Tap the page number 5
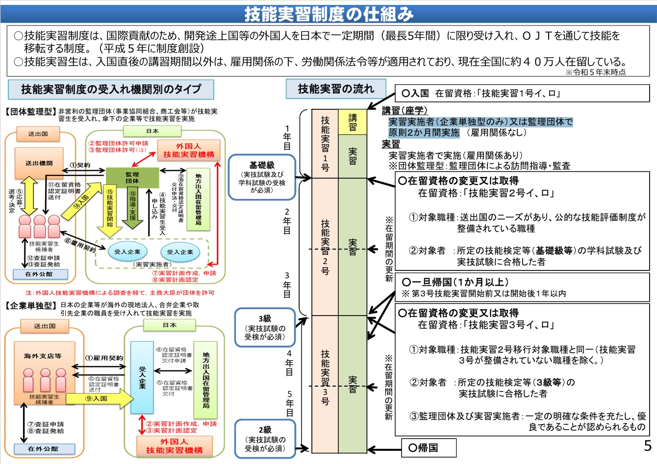coord(647,446)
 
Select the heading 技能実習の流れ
coord(336,89)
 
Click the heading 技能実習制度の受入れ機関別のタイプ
coord(111,89)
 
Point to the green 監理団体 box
coord(132,177)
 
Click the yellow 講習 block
coord(353,122)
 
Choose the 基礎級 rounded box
coord(262,177)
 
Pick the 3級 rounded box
coord(265,327)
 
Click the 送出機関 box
coord(39,163)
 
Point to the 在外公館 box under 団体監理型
coord(39,274)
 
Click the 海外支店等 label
coord(43,356)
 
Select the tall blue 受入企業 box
coord(142,377)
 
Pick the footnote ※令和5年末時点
coord(595,72)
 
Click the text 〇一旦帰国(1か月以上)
coord(455,282)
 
